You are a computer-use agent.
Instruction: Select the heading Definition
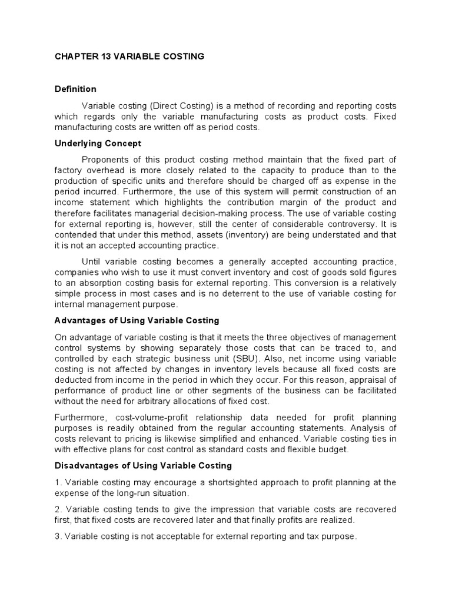click(x=75, y=90)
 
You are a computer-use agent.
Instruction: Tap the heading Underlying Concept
click(x=98, y=143)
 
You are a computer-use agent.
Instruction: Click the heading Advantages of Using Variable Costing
click(x=137, y=320)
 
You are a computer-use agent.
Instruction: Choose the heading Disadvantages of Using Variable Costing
click(x=144, y=466)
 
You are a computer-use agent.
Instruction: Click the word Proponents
click(x=104, y=160)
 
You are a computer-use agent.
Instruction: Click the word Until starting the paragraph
click(x=92, y=261)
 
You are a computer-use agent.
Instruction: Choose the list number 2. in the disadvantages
click(x=58, y=509)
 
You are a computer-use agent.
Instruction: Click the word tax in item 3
click(x=305, y=536)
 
